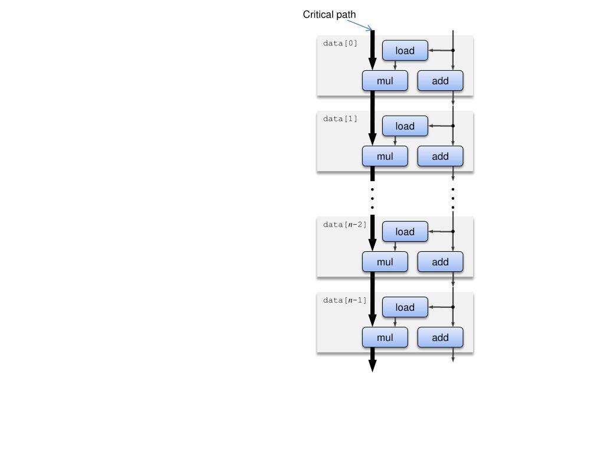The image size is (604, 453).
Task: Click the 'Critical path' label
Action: [x=329, y=15]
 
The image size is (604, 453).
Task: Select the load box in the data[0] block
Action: [x=405, y=51]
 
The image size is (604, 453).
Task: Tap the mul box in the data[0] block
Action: [x=385, y=81]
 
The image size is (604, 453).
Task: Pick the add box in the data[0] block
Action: [x=440, y=81]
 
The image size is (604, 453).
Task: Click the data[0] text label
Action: [x=340, y=43]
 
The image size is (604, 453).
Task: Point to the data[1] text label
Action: [x=340, y=119]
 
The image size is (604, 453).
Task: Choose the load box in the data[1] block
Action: [x=405, y=126]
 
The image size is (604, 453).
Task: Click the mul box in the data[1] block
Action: [x=385, y=156]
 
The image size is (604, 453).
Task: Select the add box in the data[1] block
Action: [x=440, y=156]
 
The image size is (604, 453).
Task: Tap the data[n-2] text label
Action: [x=344, y=225]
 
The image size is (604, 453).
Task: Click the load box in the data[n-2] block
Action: [x=405, y=231]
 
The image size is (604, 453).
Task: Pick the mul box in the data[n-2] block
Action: [x=385, y=262]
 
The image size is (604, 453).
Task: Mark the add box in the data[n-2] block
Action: [x=440, y=262]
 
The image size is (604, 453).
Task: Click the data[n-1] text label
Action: [x=344, y=300]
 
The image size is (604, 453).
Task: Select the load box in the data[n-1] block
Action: [x=405, y=307]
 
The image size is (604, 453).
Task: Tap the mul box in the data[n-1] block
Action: [x=385, y=337]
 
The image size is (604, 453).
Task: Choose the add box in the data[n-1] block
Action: [x=440, y=337]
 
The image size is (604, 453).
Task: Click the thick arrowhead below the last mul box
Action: [x=373, y=366]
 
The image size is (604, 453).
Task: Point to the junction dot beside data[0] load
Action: [x=453, y=51]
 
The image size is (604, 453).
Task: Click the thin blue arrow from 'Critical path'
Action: [x=360, y=25]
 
